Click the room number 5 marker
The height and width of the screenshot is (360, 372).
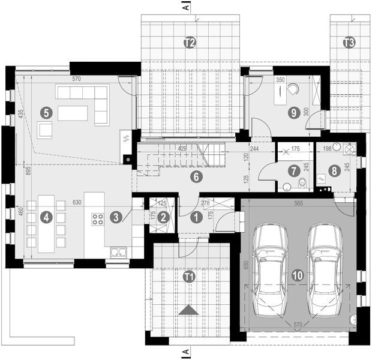pos(47,112)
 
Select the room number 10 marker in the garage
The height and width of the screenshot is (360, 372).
pos(297,275)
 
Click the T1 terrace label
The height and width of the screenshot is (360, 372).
pos(189,277)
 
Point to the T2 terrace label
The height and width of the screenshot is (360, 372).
pos(189,43)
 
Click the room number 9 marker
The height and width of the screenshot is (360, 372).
pos(293,112)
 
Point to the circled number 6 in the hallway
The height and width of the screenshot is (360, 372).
pos(194,176)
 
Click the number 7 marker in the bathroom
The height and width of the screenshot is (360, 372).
pos(293,170)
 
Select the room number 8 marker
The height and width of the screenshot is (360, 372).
pos(334,170)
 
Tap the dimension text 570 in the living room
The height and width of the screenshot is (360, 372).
pos(76,79)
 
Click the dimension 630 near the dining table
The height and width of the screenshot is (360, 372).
pos(77,203)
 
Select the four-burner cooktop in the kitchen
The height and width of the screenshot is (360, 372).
pos(97,219)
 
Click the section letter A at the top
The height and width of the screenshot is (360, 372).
pos(187,8)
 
